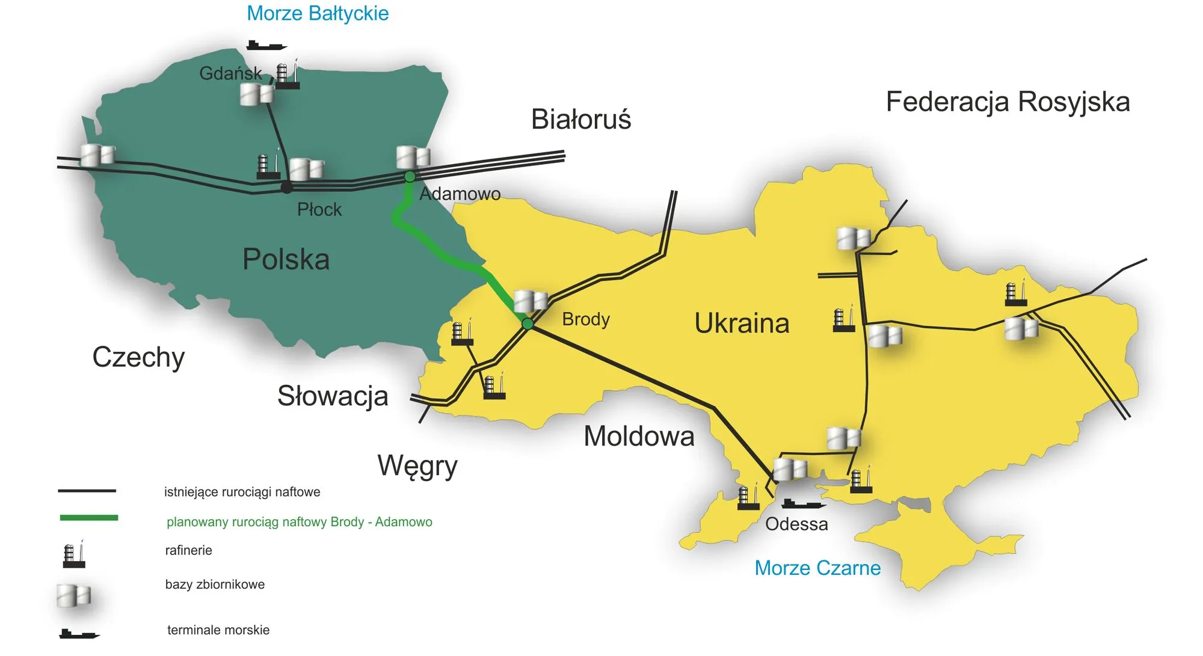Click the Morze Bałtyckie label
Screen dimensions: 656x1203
(318, 13)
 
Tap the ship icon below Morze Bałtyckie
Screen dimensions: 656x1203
(266, 45)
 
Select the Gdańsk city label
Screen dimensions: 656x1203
(230, 73)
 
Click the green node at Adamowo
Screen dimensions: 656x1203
(410, 176)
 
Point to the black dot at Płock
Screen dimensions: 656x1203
(287, 188)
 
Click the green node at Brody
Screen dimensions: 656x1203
(528, 324)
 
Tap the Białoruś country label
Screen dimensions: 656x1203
(580, 119)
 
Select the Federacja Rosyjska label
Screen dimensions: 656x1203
(1008, 102)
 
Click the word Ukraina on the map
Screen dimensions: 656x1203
(742, 323)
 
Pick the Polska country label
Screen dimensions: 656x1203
(286, 259)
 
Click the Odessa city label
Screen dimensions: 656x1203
(796, 524)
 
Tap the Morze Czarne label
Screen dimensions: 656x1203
(817, 568)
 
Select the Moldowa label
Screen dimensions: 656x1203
(639, 436)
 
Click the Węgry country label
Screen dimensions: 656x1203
(417, 465)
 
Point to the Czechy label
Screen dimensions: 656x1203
(138, 357)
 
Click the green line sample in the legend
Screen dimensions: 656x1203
(89, 518)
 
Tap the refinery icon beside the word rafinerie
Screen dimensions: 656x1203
(74, 554)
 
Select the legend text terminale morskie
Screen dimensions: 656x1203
(218, 630)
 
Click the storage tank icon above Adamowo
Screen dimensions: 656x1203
(413, 157)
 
